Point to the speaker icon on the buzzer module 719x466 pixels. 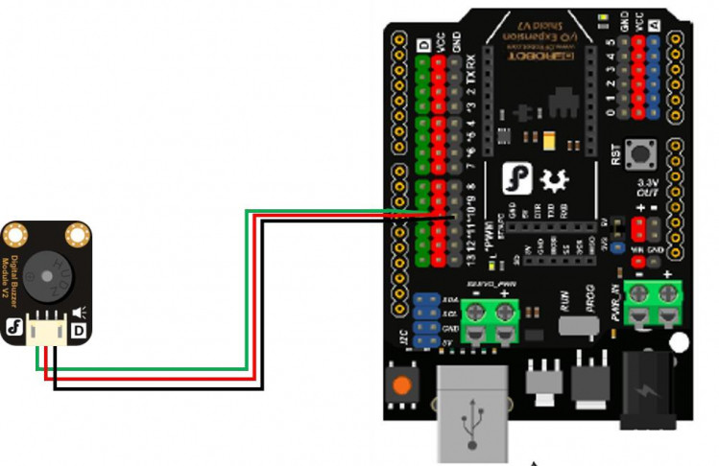(x=78, y=311)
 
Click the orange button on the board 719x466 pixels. (x=402, y=385)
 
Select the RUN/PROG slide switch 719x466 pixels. (x=576, y=325)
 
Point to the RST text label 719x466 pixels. (x=615, y=153)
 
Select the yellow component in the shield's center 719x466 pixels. (x=548, y=140)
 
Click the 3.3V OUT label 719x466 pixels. (x=649, y=186)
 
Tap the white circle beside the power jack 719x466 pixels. (x=681, y=342)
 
